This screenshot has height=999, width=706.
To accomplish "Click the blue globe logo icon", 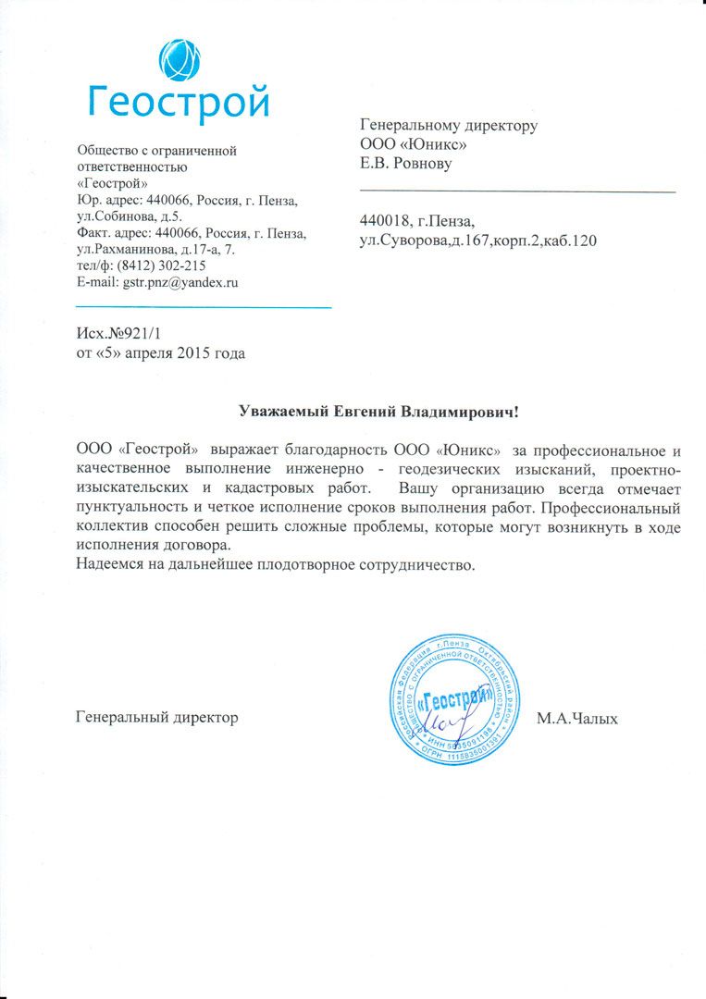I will click(x=179, y=60).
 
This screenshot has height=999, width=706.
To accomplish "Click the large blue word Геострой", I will click(x=179, y=100).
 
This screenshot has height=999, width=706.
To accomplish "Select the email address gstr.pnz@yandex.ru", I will click(x=180, y=283).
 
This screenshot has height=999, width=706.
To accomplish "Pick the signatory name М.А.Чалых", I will click(x=576, y=718).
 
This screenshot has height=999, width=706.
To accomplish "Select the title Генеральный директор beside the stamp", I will click(x=157, y=718).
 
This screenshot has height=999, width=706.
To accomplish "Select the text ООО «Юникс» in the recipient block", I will click(x=413, y=144).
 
